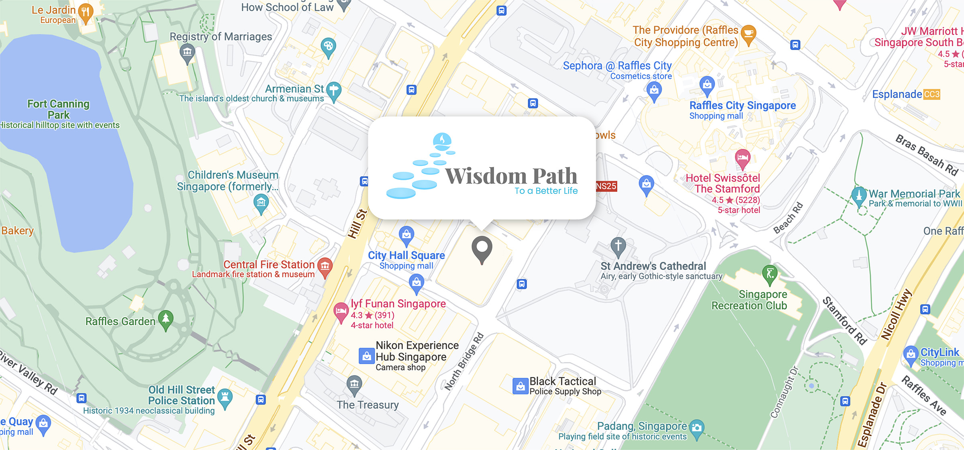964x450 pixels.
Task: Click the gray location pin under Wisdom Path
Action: pyautogui.click(x=482, y=247)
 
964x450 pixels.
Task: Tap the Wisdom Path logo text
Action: pyautogui.click(x=511, y=176)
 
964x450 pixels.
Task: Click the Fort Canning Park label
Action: pyautogui.click(x=59, y=109)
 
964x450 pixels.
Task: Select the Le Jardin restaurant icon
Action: pyautogui.click(x=85, y=12)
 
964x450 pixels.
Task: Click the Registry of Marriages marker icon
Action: pyautogui.click(x=187, y=53)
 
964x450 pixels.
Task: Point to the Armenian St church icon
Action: pyautogui.click(x=333, y=90)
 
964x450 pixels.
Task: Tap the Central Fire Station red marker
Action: pyautogui.click(x=325, y=266)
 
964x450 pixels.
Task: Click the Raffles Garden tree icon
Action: pyautogui.click(x=165, y=319)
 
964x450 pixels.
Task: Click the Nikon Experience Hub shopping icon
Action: pyautogui.click(x=366, y=356)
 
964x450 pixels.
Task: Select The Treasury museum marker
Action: pyautogui.click(x=354, y=384)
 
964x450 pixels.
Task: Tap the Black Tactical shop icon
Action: pyautogui.click(x=520, y=386)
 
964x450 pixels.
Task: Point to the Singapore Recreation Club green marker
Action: pyautogui.click(x=770, y=274)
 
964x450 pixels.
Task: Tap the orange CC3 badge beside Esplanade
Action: pyautogui.click(x=931, y=94)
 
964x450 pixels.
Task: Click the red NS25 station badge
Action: pyautogui.click(x=606, y=186)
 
